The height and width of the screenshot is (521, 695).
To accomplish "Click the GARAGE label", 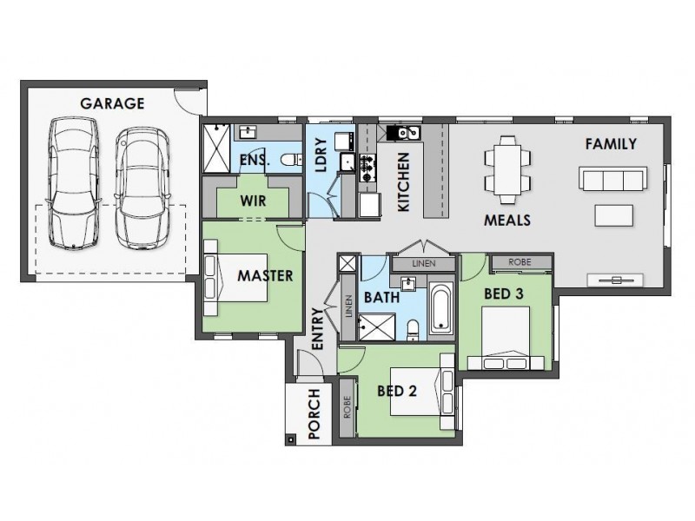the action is [x=112, y=103].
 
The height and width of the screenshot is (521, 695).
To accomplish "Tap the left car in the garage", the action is [x=73, y=182].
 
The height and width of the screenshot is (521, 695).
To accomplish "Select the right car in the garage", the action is [x=142, y=188].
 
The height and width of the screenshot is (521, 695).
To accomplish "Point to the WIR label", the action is [x=253, y=201].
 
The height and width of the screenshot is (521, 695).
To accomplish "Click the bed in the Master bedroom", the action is [x=235, y=278].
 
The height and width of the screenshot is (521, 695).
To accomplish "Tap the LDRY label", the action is [x=321, y=155].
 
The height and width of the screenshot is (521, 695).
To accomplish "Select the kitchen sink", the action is [x=403, y=133].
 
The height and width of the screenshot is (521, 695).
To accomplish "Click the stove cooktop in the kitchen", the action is [x=367, y=168].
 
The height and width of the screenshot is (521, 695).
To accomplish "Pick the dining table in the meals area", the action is [x=507, y=169].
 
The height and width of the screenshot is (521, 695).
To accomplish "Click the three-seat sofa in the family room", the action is [x=613, y=179].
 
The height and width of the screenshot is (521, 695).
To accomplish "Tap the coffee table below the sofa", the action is [x=614, y=215].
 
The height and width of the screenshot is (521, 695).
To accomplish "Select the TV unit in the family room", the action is [x=615, y=280].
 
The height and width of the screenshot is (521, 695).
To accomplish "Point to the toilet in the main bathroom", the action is [x=413, y=331].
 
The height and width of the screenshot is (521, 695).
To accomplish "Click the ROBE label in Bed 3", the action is [x=520, y=262].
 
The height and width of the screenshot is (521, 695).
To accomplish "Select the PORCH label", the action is [x=314, y=414].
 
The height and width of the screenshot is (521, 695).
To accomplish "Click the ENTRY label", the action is [x=318, y=329].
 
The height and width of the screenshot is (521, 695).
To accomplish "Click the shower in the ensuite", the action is [x=216, y=148].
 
